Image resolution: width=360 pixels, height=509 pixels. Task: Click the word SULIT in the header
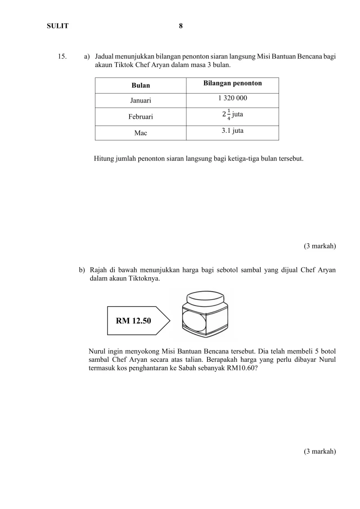(58, 26)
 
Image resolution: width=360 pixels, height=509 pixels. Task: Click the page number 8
(180, 26)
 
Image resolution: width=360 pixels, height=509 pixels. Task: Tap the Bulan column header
(140, 86)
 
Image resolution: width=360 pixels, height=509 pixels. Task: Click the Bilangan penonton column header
(232, 83)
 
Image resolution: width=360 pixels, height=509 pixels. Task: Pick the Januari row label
(140, 101)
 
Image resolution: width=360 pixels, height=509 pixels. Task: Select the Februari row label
(140, 117)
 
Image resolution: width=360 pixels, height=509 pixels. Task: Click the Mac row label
(140, 133)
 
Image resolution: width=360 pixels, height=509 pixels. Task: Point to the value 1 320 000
(232, 98)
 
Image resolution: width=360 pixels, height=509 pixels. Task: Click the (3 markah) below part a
(320, 246)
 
